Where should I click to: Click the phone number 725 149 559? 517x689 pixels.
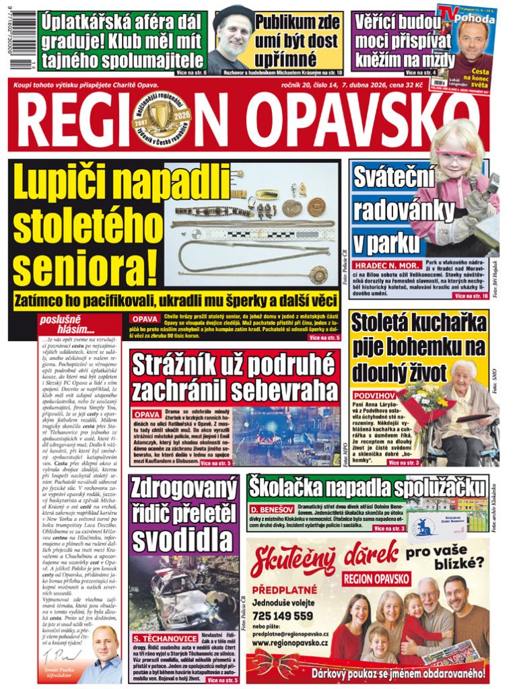point(283,616)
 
